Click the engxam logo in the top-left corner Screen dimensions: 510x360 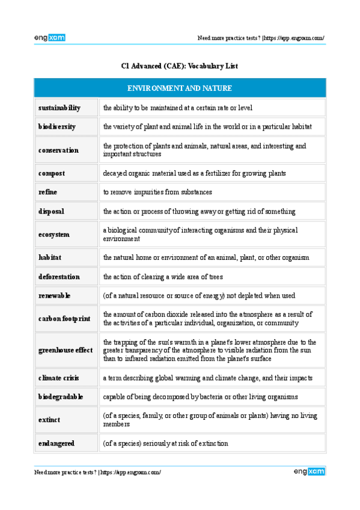[49, 38]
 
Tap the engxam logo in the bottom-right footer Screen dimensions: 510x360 [310, 472]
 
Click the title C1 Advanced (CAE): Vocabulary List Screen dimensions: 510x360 [180, 66]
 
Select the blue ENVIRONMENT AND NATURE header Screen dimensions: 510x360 [180, 88]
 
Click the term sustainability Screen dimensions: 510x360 [59, 108]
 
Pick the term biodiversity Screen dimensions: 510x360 [56, 127]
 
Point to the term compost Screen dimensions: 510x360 [52, 173]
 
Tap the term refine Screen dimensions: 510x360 [48, 192]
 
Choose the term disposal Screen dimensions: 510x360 [51, 211]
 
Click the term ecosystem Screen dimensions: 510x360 [53, 235]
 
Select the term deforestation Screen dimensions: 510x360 [59, 277]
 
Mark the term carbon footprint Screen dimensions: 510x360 [64, 319]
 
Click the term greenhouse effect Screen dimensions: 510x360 [66, 350]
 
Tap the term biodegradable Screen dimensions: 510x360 [61, 396]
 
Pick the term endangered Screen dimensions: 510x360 [56, 443]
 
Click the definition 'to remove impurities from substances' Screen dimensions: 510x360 [157, 192]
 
